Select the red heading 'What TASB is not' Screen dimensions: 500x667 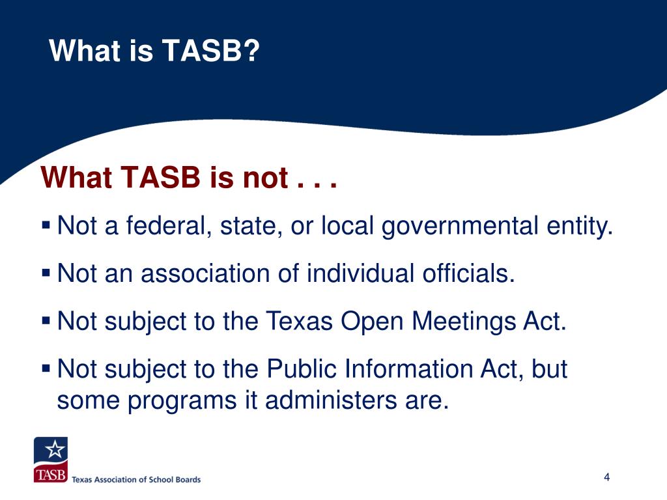[163, 177]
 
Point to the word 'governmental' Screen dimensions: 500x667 [460, 227]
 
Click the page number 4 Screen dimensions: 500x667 [606, 477]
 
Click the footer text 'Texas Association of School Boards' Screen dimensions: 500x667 [136, 479]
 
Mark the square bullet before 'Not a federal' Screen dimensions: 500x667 [46, 226]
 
